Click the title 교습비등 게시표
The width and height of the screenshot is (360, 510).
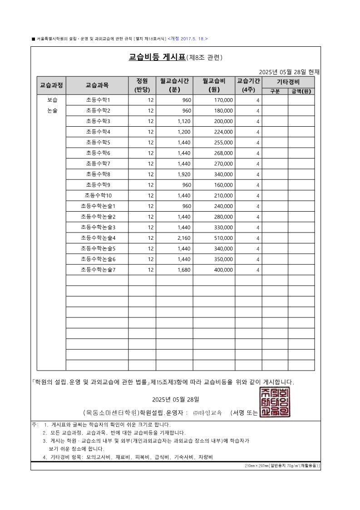pos(157,57)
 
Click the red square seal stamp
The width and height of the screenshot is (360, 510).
pos(275,402)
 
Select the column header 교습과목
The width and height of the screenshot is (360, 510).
pos(97,85)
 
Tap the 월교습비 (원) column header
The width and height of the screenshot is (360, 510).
pos(214,85)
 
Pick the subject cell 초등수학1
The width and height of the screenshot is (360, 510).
pos(98,100)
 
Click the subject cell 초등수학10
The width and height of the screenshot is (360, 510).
pos(98,195)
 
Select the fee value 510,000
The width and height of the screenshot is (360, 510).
pos(223,238)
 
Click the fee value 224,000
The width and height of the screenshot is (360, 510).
pos(223,132)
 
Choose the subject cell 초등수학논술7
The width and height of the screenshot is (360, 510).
pos(98,270)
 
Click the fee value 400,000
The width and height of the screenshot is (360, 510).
pos(223,270)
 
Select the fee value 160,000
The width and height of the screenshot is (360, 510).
pos(223,185)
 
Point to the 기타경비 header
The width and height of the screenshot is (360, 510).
pos(288,82)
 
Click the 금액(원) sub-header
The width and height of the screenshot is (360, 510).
pos(301,91)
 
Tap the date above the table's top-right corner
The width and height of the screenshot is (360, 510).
pos(289,72)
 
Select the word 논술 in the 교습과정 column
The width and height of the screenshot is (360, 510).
pos(52,110)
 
